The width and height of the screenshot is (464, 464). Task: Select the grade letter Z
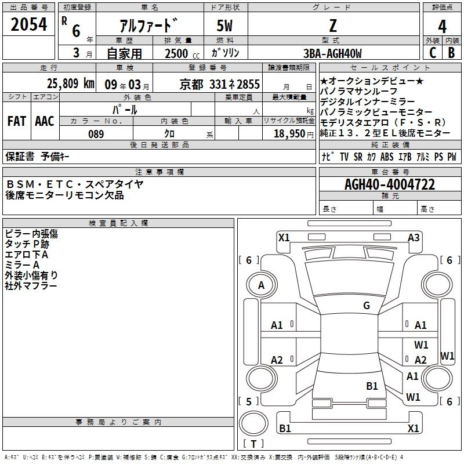click(332, 26)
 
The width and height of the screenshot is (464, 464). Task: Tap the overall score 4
click(442, 27)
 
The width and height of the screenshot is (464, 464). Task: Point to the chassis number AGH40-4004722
click(389, 184)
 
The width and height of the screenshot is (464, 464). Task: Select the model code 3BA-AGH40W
click(332, 53)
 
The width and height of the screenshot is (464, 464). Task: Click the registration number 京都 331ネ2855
click(220, 84)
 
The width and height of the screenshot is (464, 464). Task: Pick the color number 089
click(96, 134)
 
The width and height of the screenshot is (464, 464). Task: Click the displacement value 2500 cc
click(179, 53)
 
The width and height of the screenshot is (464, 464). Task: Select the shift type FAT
click(17, 121)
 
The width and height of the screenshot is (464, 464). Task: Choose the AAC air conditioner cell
click(45, 121)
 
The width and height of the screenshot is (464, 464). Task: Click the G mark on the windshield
click(367, 306)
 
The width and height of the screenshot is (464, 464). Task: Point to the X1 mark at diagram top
click(284, 237)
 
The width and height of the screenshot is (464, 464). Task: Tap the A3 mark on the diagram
click(414, 237)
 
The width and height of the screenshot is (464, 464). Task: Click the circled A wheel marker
click(261, 285)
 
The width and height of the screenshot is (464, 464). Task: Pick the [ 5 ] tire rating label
click(249, 401)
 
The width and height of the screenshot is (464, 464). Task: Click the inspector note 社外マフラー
click(31, 286)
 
